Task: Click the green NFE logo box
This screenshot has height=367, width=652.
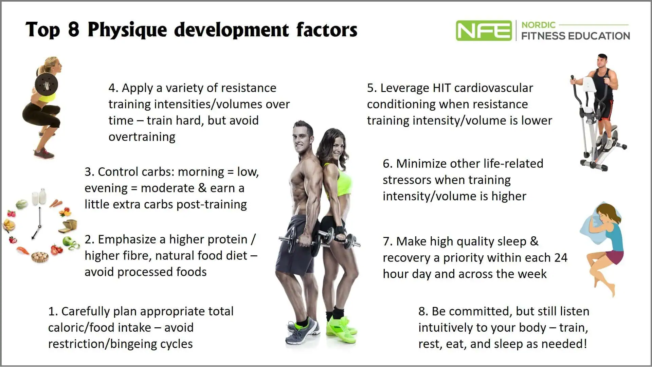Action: click(x=484, y=31)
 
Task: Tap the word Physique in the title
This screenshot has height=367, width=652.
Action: click(x=127, y=30)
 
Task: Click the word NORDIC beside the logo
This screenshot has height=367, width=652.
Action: click(x=538, y=25)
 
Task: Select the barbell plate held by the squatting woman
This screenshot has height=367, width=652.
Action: click(x=46, y=84)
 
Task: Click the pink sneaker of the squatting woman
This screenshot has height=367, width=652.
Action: click(x=44, y=154)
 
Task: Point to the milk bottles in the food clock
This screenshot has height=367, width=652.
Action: click(x=39, y=197)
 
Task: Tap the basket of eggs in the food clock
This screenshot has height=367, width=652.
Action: click(x=40, y=257)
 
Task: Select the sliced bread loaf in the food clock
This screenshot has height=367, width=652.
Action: click(x=69, y=226)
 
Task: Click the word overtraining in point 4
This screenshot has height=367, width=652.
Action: click(x=142, y=137)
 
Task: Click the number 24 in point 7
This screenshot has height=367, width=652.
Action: click(x=560, y=258)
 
